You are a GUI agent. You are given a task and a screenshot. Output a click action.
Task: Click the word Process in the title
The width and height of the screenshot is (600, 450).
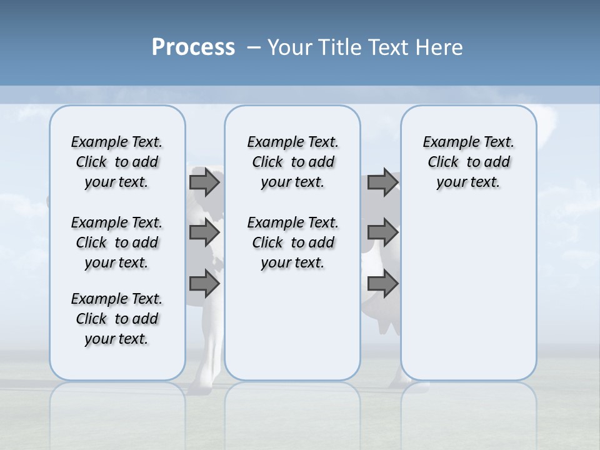pos(193,47)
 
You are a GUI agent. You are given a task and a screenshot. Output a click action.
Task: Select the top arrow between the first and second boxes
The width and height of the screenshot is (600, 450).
pos(204,182)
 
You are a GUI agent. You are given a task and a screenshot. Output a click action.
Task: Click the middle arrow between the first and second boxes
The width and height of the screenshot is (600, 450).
pos(204,233)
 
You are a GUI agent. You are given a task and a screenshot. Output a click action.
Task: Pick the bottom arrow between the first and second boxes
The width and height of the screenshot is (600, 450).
pos(204,284)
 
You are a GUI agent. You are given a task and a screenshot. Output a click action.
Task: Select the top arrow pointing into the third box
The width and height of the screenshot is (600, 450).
pos(382,182)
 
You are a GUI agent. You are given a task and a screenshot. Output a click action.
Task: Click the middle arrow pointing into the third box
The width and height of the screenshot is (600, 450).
pos(382,233)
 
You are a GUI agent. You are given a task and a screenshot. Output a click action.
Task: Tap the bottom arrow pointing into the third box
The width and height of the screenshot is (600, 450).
pos(382,284)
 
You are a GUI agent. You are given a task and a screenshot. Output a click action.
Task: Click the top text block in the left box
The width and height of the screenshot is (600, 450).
pos(117,162)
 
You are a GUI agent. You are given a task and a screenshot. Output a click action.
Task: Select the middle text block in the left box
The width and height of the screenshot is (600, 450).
pos(117,242)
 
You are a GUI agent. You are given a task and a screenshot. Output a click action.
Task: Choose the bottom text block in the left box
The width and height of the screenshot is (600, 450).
pos(117,319)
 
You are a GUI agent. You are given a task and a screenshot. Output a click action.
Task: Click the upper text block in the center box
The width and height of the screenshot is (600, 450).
pos(292,162)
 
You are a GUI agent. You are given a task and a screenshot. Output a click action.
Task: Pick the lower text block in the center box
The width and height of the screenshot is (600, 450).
pos(292,242)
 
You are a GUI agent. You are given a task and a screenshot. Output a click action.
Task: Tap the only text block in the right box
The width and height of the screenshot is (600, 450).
pos(468,162)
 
